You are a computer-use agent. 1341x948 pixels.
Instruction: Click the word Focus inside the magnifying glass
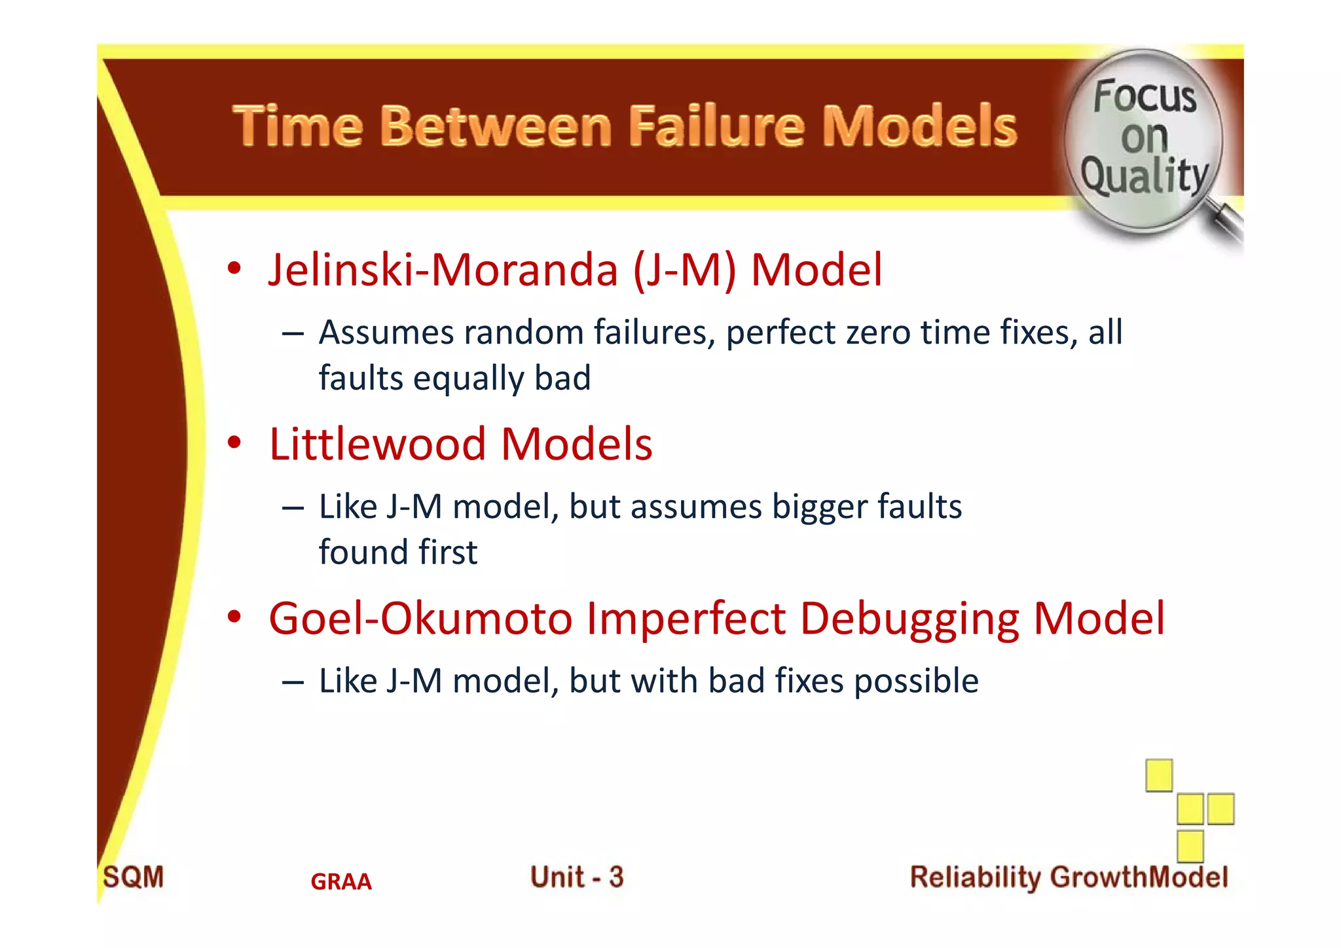1144,96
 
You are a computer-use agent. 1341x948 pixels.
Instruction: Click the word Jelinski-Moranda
443,270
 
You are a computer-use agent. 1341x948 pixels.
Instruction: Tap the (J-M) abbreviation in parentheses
684,270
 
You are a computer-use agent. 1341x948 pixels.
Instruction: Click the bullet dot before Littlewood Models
234,443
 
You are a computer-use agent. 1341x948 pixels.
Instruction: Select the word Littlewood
377,444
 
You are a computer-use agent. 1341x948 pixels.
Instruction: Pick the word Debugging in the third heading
909,619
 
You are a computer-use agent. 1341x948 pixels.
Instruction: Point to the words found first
397,552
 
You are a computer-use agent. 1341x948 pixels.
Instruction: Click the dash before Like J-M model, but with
293,682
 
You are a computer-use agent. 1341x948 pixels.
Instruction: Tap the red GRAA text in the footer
340,882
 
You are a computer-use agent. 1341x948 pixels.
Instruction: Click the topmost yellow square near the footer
1158,776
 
